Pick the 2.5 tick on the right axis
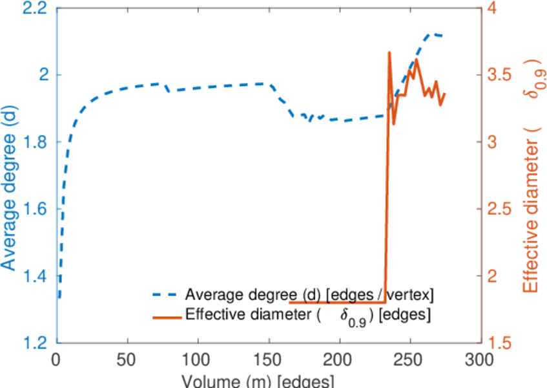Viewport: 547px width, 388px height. point(501,209)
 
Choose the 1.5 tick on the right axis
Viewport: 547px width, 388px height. point(501,343)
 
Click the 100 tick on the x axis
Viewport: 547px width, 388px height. point(198,358)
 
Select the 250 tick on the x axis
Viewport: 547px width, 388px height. point(409,358)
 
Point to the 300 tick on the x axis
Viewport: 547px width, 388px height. point(479,358)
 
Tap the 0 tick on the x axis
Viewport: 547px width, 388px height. point(57,358)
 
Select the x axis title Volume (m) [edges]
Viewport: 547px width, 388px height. point(258,380)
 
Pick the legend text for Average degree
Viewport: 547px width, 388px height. point(309,294)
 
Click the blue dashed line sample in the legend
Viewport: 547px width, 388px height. point(166,295)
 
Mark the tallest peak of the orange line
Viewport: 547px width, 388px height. point(389,52)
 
